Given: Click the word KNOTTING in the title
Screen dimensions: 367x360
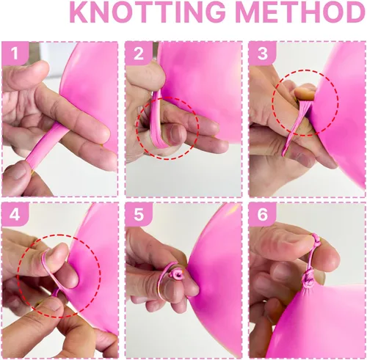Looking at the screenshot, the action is [x=147, y=12].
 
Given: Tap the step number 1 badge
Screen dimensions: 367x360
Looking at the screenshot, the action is [x=15, y=53].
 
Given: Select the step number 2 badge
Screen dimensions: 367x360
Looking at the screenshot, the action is [x=139, y=53].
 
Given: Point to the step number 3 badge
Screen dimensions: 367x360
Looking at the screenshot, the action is [x=263, y=53].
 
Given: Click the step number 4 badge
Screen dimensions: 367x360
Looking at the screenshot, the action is [x=15, y=214].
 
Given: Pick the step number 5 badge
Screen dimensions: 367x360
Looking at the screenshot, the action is [x=139, y=214].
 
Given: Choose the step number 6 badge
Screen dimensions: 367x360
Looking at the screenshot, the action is [x=263, y=214].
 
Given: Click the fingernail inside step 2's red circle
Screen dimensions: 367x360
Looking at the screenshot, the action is [x=175, y=133].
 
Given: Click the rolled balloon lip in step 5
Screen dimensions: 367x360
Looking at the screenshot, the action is [x=178, y=273].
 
